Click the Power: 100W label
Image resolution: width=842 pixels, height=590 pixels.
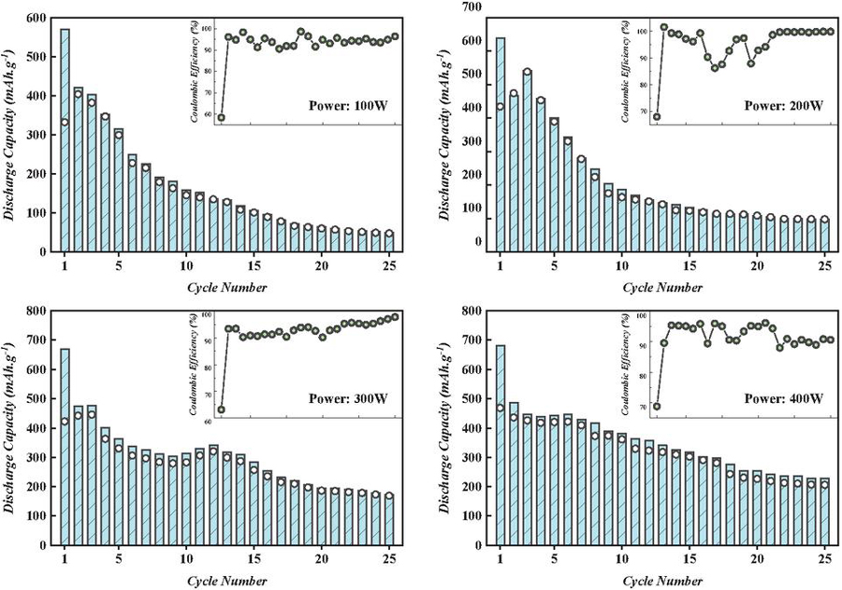[348, 106]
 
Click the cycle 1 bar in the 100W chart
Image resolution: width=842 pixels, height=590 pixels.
[65, 140]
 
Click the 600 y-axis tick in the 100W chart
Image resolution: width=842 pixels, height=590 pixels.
[36, 18]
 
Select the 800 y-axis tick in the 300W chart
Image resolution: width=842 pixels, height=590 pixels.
[36, 310]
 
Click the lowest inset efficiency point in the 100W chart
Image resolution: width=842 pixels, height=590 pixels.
[221, 118]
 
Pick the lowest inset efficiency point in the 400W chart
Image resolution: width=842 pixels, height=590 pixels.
[657, 407]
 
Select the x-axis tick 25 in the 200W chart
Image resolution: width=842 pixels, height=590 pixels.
[824, 266]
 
